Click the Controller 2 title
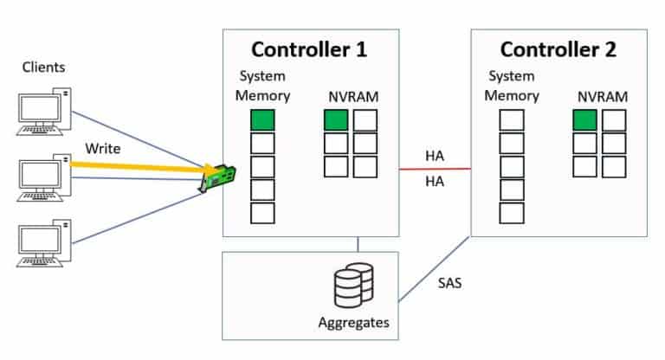tap(558, 49)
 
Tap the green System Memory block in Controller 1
tap(262, 120)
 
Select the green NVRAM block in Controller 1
tap(336, 120)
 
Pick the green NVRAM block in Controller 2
tap(584, 120)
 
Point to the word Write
tap(102, 147)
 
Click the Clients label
tap(43, 67)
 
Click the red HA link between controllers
tap(435, 170)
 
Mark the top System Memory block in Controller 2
tap(511, 120)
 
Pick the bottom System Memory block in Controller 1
tap(262, 213)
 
